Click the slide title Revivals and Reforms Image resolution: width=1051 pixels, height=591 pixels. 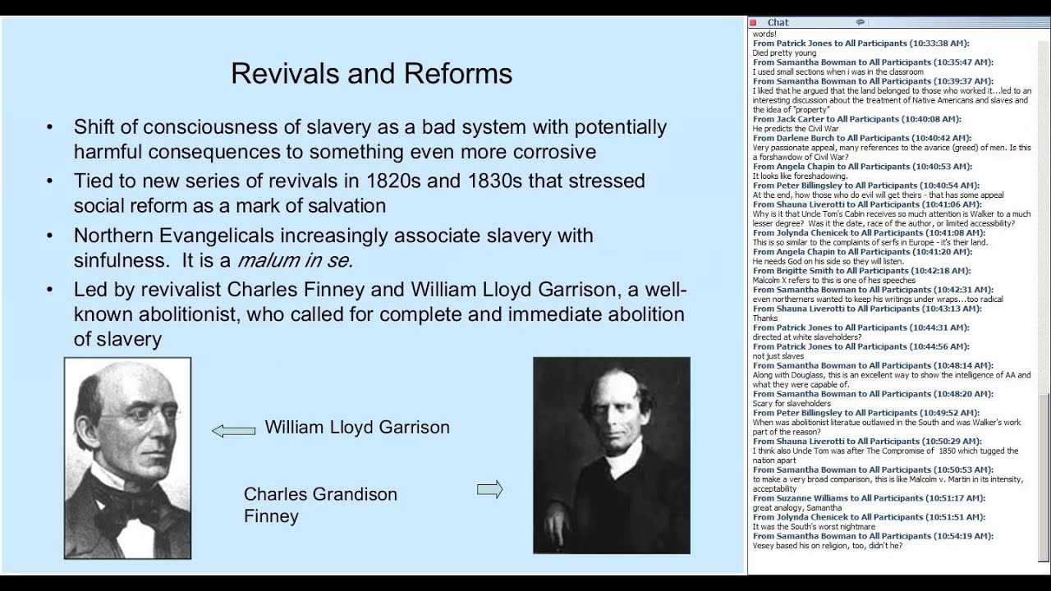click(371, 74)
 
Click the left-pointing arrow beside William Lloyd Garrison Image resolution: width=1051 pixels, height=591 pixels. click(233, 430)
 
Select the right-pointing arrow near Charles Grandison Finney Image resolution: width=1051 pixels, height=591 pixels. click(489, 490)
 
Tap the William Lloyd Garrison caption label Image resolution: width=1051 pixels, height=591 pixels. click(357, 428)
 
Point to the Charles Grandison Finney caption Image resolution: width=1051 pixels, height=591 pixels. click(320, 505)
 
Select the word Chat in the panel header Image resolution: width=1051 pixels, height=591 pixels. click(778, 22)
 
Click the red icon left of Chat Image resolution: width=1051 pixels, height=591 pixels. click(754, 22)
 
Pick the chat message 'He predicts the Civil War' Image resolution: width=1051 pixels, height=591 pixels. click(795, 129)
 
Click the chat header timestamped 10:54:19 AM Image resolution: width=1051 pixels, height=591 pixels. click(873, 536)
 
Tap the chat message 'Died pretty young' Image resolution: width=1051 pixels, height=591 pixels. click(784, 53)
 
